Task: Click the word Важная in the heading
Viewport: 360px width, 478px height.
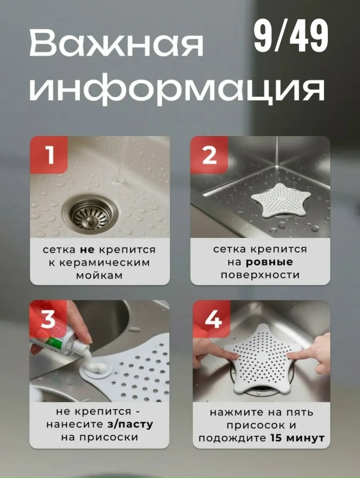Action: (116, 44)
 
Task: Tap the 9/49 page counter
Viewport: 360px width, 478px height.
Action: (291, 37)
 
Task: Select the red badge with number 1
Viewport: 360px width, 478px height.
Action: (49, 155)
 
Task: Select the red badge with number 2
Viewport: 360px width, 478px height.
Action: (209, 155)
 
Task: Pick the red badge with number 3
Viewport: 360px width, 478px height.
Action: (48, 319)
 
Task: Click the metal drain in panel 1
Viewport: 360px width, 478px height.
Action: (91, 213)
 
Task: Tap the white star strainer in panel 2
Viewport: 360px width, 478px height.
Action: (281, 200)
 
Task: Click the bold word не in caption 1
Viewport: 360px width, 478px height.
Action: (87, 250)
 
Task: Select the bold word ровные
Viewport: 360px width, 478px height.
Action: (269, 262)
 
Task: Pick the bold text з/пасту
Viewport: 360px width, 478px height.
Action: (130, 425)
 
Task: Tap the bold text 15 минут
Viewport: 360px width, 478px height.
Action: (298, 438)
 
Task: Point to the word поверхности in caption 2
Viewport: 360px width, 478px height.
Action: (260, 276)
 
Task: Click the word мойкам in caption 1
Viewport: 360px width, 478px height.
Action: (100, 276)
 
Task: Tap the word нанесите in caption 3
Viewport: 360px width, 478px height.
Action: (75, 425)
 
